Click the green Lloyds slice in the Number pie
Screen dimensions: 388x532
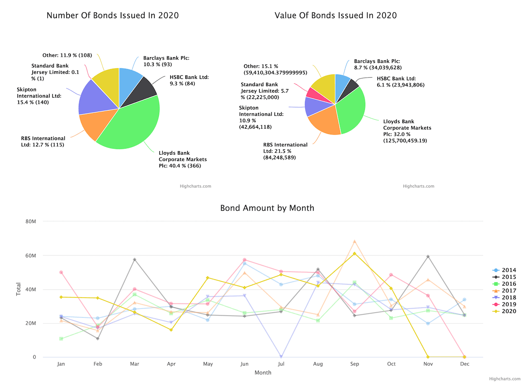click(133, 124)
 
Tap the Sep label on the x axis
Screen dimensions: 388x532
click(355, 364)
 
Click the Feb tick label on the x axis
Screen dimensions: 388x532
click(98, 364)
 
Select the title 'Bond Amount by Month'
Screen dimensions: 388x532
click(267, 208)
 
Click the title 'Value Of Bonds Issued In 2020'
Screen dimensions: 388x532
click(336, 16)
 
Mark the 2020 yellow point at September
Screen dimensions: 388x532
click(355, 254)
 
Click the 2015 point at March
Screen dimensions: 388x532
click(134, 259)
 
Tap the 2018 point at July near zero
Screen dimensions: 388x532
click(282, 357)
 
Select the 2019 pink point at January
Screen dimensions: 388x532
click(61, 272)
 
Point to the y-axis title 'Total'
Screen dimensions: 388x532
click(19, 290)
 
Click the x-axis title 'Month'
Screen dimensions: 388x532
click(262, 373)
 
